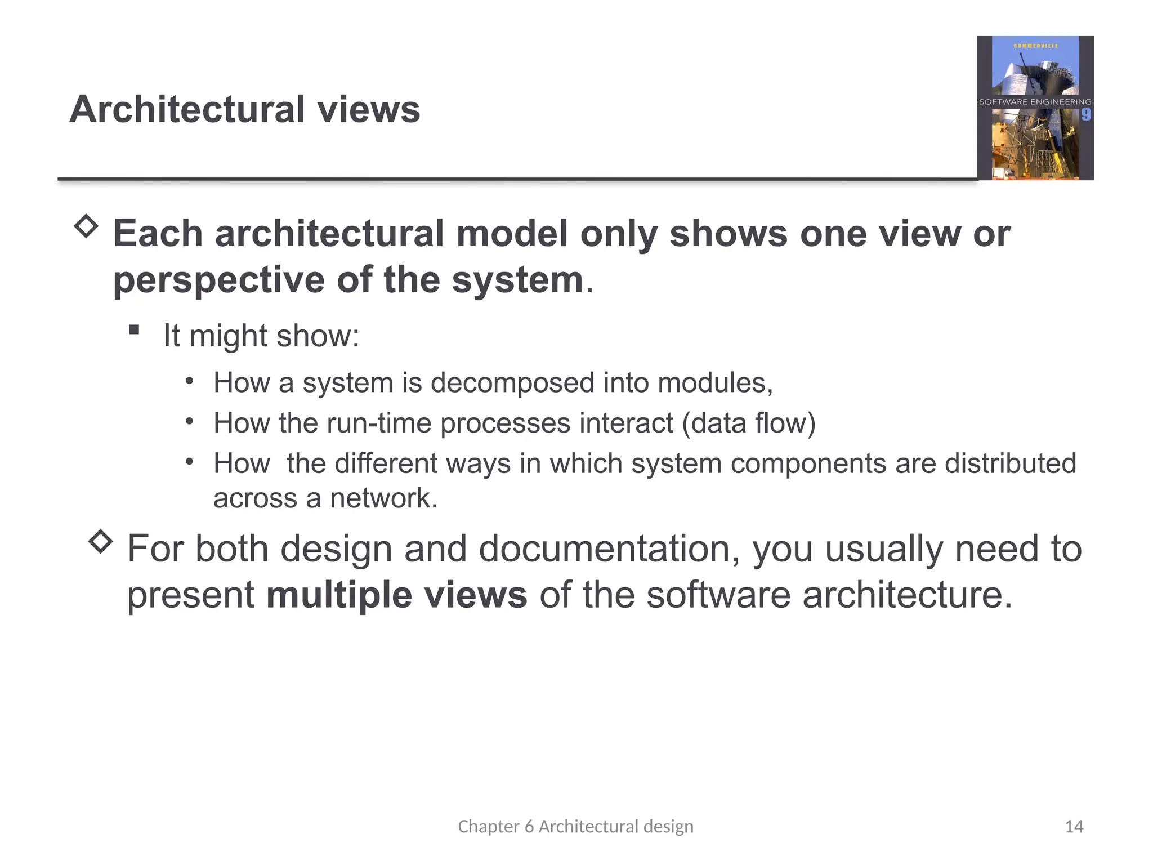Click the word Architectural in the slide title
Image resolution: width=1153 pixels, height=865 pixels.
tap(187, 109)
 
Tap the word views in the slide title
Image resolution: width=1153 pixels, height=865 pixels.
tap(369, 109)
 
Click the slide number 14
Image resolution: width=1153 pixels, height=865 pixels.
tap(1074, 826)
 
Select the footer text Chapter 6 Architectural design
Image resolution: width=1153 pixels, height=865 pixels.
tap(575, 826)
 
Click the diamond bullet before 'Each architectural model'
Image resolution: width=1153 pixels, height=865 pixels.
tap(86, 226)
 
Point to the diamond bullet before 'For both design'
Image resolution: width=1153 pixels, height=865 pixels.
tap(101, 541)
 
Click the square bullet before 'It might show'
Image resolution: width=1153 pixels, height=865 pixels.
tap(134, 329)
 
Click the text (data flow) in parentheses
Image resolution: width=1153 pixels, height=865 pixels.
tap(748, 423)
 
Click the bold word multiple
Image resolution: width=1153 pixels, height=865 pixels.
tap(338, 595)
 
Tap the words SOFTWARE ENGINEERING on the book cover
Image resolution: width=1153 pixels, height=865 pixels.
tap(1035, 102)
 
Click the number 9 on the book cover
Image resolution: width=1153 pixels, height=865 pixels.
tap(1085, 115)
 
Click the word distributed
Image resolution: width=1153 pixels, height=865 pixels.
tap(1010, 463)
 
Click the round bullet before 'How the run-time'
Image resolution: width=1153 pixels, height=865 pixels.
tap(190, 421)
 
